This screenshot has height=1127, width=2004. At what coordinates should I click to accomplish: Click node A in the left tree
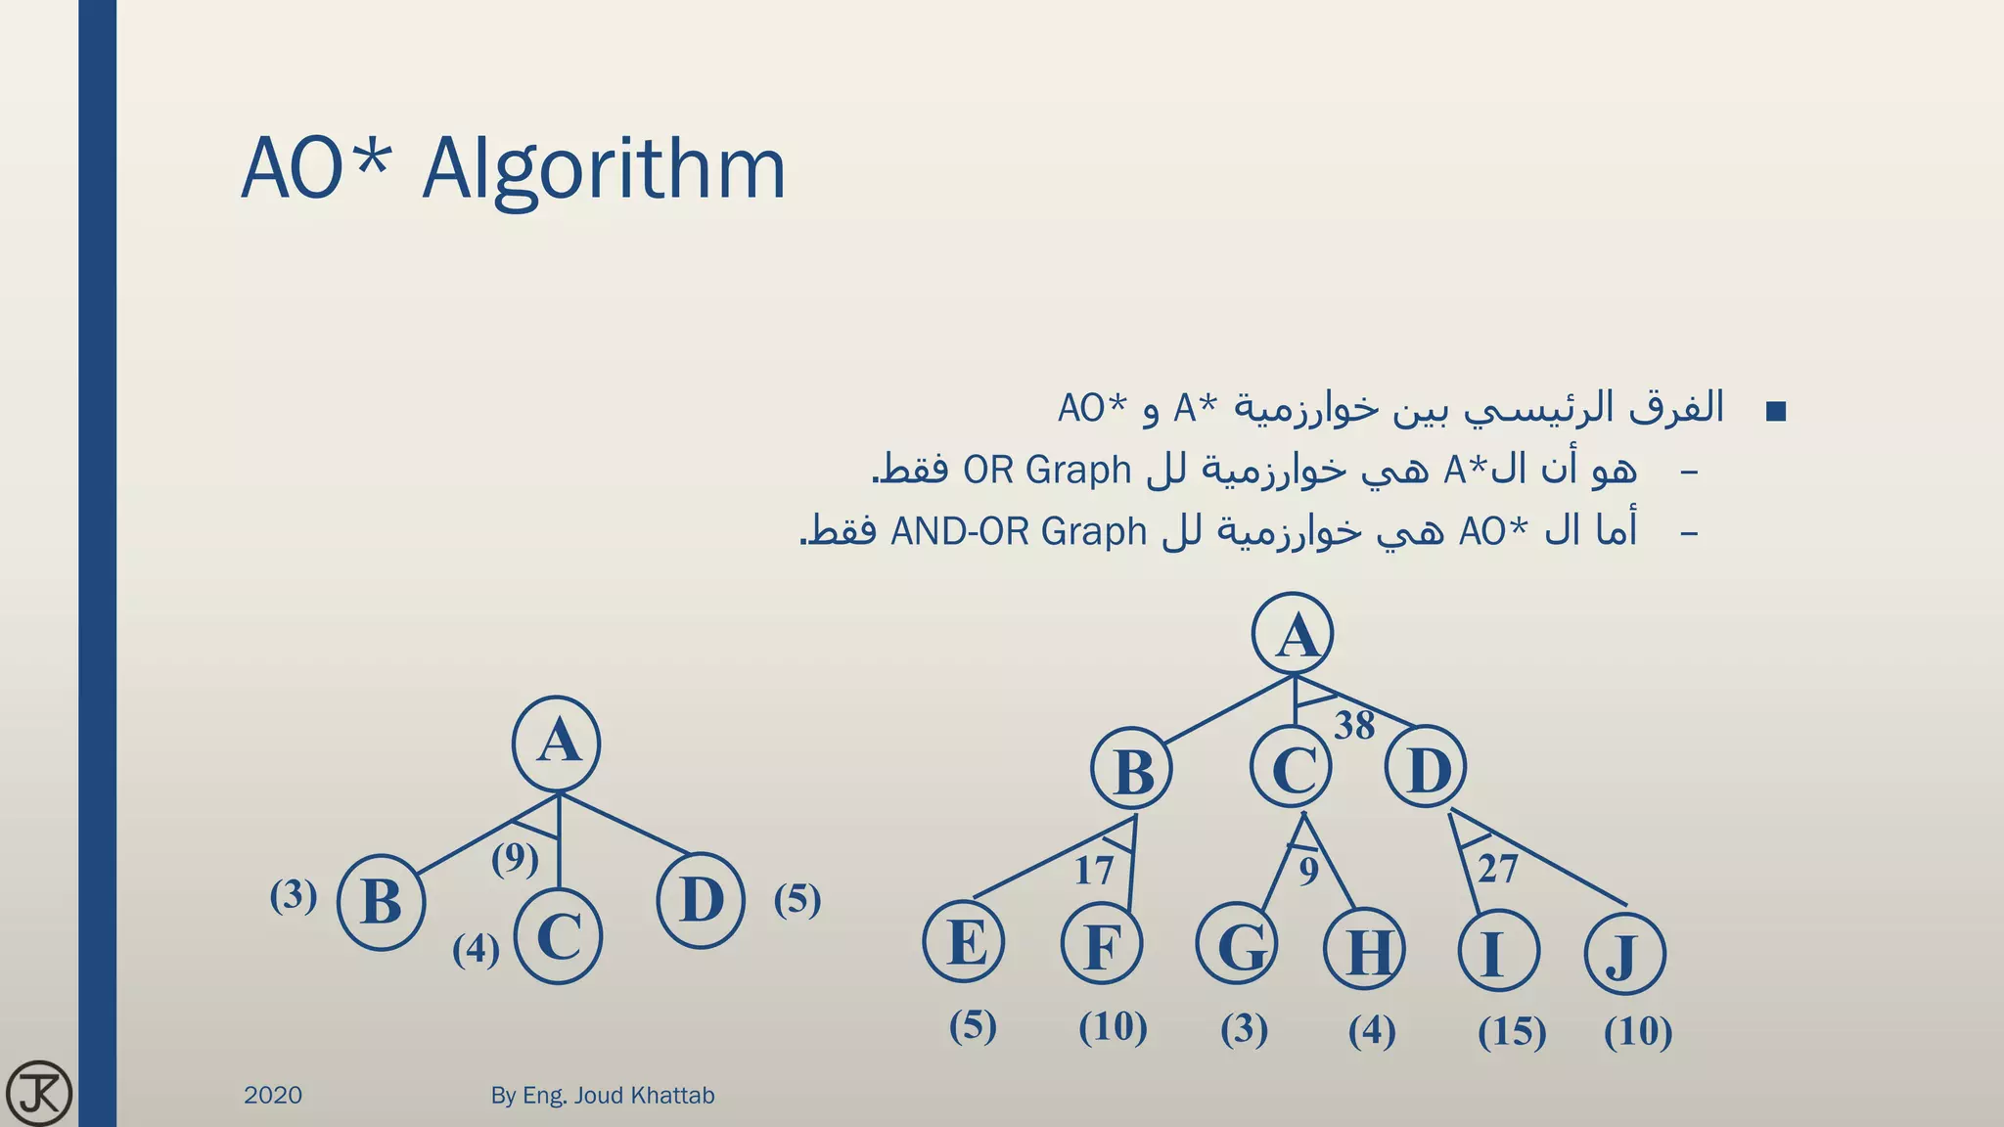(x=557, y=744)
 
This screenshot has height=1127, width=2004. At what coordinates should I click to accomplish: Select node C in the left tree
(x=558, y=936)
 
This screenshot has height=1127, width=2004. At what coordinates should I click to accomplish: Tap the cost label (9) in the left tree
(x=515, y=859)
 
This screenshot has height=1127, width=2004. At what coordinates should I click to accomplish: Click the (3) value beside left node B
(x=294, y=895)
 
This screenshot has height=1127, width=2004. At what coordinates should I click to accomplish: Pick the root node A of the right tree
(x=1294, y=634)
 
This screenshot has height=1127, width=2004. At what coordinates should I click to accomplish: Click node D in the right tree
(x=1426, y=767)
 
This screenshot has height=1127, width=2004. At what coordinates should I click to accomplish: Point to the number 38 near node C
(x=1354, y=726)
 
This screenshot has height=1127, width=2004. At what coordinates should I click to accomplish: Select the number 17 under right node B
(x=1093, y=870)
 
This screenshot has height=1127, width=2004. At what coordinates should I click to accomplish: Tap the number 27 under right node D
(x=1497, y=869)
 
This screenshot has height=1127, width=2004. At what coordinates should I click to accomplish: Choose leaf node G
(x=1237, y=946)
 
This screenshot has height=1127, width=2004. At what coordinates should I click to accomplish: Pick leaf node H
(x=1365, y=949)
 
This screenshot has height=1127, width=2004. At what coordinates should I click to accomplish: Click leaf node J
(x=1624, y=953)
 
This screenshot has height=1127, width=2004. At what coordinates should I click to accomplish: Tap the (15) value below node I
(x=1512, y=1031)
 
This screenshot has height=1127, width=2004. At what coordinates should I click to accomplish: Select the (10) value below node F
(x=1113, y=1027)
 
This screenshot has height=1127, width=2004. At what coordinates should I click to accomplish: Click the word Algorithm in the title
(x=604, y=169)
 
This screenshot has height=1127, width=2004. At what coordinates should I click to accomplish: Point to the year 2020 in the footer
(x=273, y=1095)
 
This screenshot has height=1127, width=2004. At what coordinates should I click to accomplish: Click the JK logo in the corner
(x=38, y=1093)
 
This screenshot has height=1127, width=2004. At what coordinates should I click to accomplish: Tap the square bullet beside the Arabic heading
(x=1776, y=412)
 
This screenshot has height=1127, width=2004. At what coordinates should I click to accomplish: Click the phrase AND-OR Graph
(x=1018, y=531)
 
